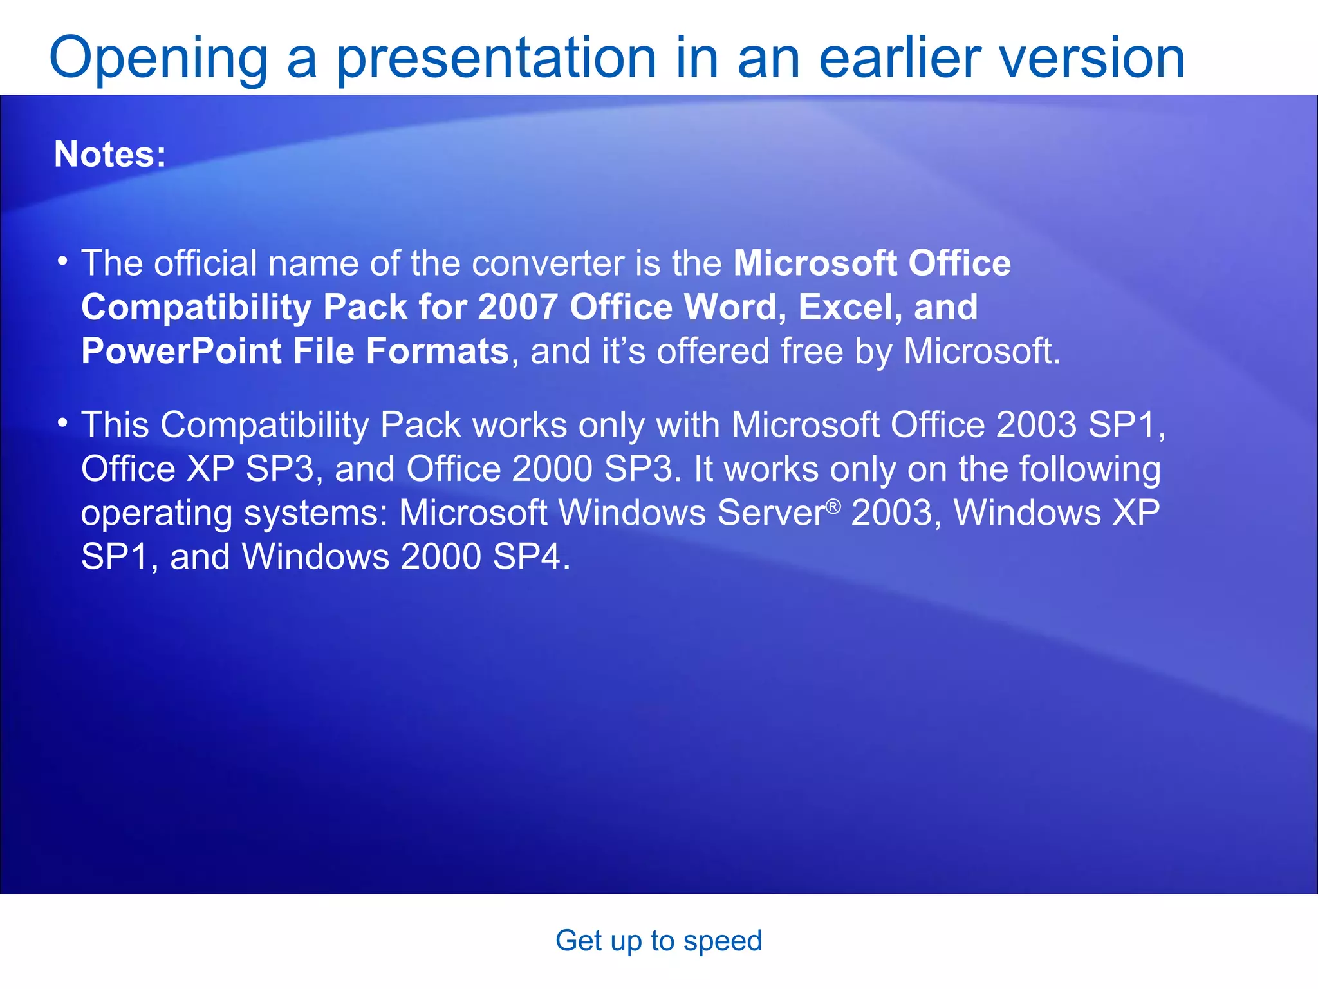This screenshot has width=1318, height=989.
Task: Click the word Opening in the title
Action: (158, 59)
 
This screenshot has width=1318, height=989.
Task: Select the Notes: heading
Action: (110, 155)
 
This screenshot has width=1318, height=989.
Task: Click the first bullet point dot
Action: (62, 261)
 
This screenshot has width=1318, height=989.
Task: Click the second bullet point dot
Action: (62, 423)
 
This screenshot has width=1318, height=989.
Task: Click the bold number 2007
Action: (517, 307)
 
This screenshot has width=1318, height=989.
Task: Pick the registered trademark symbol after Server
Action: (833, 507)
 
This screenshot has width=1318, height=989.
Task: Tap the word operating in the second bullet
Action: (156, 514)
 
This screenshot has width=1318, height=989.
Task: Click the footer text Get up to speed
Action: (658, 941)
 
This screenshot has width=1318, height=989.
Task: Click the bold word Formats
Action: (438, 352)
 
